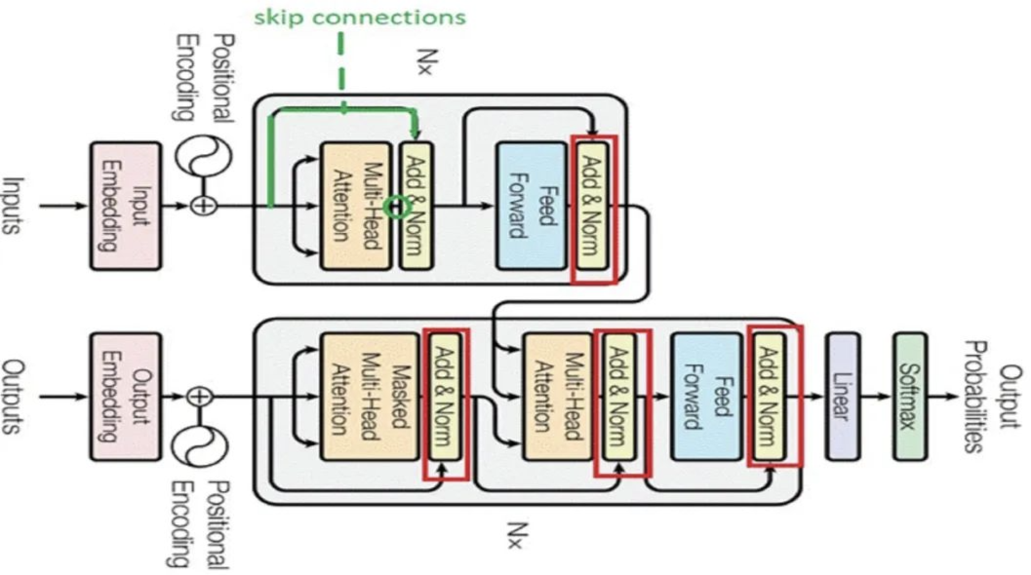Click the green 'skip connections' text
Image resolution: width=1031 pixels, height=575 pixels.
(360, 17)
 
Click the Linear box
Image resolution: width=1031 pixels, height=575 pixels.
(843, 397)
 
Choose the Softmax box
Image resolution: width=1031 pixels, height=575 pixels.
(911, 397)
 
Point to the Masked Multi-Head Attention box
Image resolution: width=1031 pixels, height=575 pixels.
(355, 397)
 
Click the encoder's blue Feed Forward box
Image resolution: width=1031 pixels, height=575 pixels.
(532, 206)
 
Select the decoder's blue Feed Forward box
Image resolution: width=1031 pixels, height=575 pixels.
(705, 397)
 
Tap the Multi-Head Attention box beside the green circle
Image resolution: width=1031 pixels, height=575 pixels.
(355, 206)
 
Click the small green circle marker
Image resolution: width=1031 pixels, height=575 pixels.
(394, 207)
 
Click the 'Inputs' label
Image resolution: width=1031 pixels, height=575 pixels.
(15, 206)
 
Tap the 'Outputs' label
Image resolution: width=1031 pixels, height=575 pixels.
(15, 397)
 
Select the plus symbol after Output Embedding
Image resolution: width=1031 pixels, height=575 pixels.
(199, 397)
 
